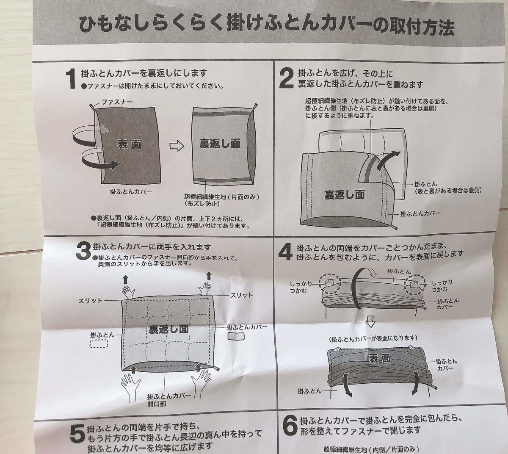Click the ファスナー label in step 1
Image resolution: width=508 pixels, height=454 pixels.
click(x=117, y=102)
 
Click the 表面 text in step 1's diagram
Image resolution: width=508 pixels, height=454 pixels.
click(x=130, y=144)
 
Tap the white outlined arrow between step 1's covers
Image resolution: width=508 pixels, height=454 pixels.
click(x=177, y=147)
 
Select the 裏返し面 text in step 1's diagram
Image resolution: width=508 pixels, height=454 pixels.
click(x=220, y=144)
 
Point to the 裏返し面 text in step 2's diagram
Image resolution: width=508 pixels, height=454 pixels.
click(x=345, y=194)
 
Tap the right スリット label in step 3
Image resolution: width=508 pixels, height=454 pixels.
click(x=242, y=295)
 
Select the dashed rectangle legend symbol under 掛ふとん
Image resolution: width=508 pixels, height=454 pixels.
click(x=99, y=343)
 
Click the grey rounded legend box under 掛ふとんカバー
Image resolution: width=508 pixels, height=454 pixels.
click(x=236, y=336)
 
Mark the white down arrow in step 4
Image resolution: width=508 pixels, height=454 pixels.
click(x=370, y=322)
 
